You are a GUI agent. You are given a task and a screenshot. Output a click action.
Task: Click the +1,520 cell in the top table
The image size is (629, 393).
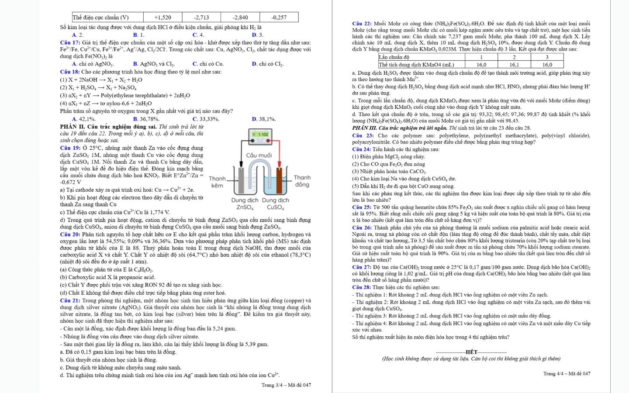[162, 17]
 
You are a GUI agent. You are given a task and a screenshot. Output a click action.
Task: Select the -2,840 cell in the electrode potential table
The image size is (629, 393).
[240, 17]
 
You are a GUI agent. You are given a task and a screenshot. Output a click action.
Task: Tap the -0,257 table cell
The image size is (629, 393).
[279, 17]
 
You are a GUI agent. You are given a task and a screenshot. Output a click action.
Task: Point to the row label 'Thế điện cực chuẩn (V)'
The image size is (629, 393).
[101, 17]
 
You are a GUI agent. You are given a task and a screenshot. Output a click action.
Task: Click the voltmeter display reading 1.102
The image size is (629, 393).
[260, 134]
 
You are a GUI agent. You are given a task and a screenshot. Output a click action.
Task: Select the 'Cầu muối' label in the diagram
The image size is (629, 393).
[259, 155]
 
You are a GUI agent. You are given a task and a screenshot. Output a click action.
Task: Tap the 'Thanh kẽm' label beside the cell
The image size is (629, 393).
[217, 182]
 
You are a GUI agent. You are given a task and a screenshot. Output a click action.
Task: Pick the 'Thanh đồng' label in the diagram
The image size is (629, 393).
[302, 181]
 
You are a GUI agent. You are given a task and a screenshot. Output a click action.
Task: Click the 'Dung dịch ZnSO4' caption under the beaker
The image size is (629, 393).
[245, 204]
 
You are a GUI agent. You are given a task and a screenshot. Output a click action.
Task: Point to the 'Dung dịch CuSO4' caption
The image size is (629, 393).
[275, 204]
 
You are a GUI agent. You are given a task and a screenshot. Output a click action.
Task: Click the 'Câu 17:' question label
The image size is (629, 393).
[70, 42]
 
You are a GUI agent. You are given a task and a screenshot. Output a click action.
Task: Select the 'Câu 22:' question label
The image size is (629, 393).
[362, 24]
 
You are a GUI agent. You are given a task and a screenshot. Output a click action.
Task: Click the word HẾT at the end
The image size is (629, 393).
[471, 352]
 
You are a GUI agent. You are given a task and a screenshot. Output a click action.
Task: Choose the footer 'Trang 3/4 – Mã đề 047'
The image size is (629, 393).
[286, 385]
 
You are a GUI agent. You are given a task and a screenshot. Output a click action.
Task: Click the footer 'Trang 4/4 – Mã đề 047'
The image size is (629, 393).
[567, 373]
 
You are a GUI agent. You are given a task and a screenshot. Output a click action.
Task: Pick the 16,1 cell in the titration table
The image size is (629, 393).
[514, 64]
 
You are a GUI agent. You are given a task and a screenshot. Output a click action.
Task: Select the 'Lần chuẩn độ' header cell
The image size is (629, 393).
[394, 57]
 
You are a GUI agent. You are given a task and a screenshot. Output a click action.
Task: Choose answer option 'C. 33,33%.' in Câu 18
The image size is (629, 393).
[206, 119]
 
